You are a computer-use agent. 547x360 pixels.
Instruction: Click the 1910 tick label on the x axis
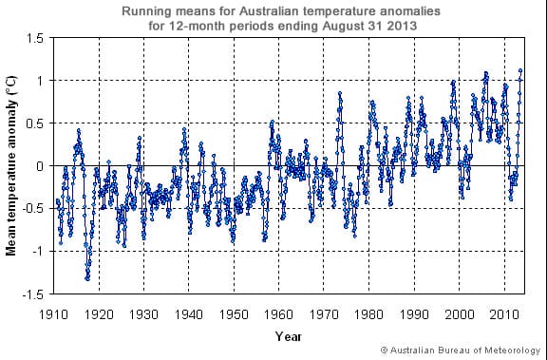point(53,313)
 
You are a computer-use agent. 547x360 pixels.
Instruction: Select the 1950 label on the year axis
point(234,313)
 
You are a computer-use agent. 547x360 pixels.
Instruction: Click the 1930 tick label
point(143,313)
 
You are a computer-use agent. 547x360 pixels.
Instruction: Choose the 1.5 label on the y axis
point(35,38)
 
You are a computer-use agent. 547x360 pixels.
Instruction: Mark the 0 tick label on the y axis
point(41,166)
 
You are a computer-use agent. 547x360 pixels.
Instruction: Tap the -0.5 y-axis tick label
point(33,209)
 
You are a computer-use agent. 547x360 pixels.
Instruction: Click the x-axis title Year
point(289,335)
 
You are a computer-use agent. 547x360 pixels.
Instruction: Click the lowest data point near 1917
point(87,278)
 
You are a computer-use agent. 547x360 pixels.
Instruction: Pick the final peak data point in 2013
point(519,70)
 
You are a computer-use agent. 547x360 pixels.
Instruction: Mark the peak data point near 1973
point(339,93)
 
